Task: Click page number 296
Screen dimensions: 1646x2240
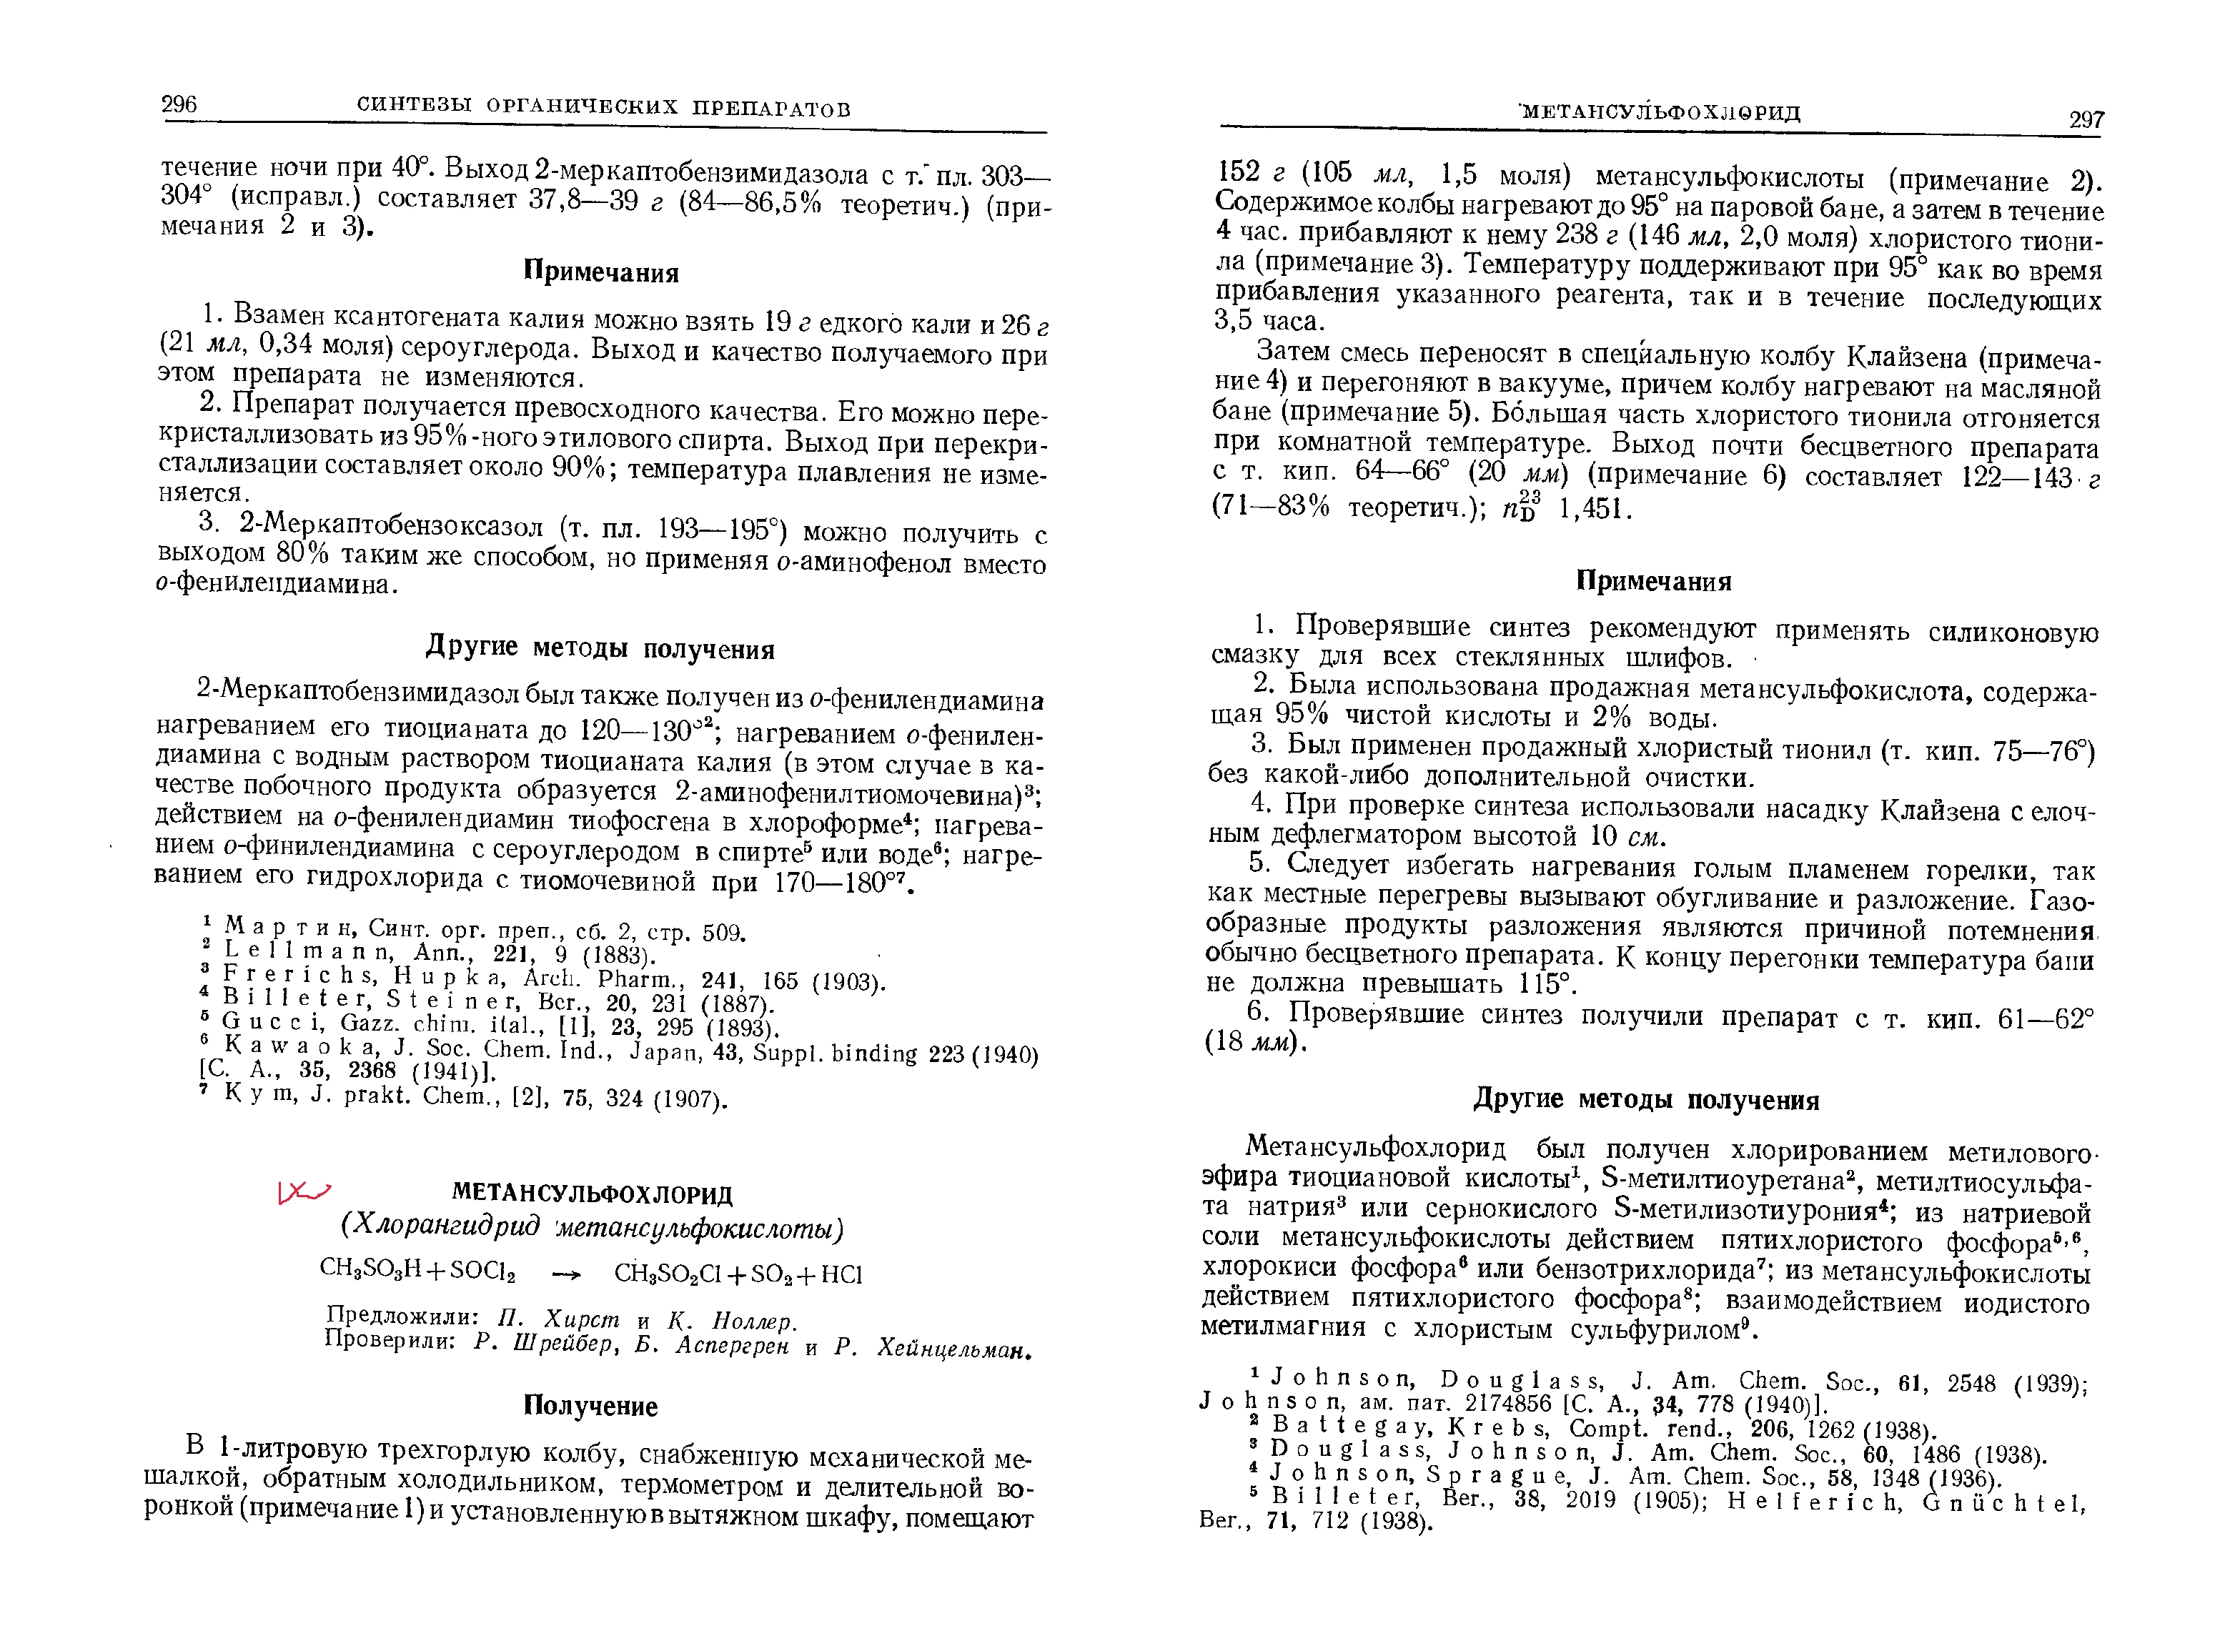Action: pyautogui.click(x=179, y=104)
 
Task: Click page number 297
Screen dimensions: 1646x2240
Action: pyautogui.click(x=2086, y=119)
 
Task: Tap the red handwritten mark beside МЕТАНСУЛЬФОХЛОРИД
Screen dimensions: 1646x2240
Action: pyautogui.click(x=303, y=1191)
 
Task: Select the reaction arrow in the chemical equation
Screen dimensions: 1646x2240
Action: pyautogui.click(x=565, y=1274)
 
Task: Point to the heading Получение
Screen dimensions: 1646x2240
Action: pyautogui.click(x=591, y=1406)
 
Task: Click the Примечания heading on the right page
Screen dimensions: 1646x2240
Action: pyautogui.click(x=1653, y=582)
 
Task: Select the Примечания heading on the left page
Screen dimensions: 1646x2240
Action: pyautogui.click(x=601, y=272)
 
